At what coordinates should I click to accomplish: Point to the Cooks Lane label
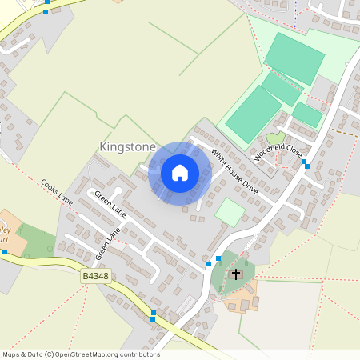[56, 192]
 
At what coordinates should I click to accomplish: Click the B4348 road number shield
[94, 276]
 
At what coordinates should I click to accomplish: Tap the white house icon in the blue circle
[180, 173]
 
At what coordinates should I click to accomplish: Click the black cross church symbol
[235, 274]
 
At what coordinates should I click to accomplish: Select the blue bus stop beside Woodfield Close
[305, 164]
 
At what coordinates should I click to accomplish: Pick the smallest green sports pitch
[307, 114]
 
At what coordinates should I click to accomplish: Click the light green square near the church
[230, 213]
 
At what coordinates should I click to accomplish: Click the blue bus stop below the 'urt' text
[5, 252]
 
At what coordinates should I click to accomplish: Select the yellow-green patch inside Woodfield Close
[275, 138]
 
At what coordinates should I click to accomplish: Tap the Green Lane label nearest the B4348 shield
[107, 245]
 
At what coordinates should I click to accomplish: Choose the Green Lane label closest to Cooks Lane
[110, 204]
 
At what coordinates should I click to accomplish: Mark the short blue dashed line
[295, 15]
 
